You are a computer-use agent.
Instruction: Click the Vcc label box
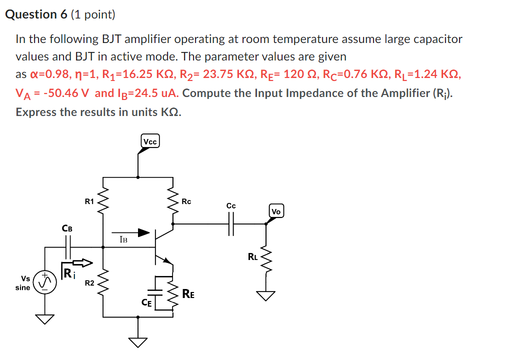(150, 142)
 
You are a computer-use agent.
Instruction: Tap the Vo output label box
(276, 211)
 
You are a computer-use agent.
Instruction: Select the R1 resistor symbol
(103, 202)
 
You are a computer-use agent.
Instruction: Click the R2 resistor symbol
(103, 283)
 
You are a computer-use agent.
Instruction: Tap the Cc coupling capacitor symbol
(230, 224)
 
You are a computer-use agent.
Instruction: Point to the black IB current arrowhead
(144, 232)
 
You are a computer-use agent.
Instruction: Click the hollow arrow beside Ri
(83, 262)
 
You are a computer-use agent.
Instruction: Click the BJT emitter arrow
(168, 260)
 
